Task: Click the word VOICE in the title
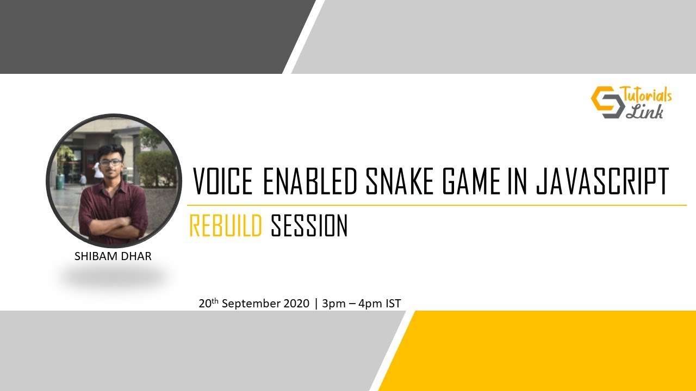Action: coord(223,182)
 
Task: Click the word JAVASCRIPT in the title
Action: coord(602,182)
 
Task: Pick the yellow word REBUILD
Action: coord(226,226)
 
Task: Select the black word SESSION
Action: coord(309,226)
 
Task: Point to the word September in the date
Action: coord(251,304)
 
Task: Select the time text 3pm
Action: coord(334,304)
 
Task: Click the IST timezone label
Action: coord(393,304)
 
